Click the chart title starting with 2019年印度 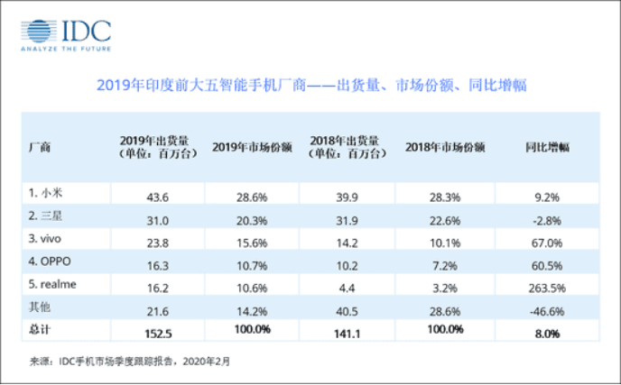[310, 87]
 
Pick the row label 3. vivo [46, 241]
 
